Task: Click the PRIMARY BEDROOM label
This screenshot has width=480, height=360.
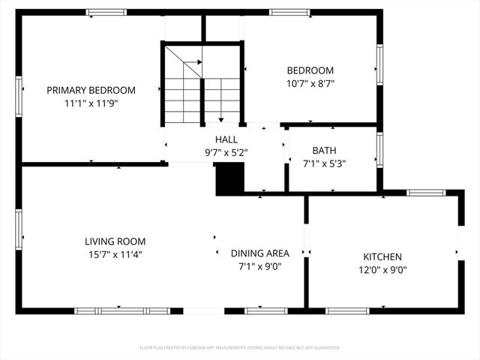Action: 91,90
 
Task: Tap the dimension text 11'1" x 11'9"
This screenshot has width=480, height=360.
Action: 91,103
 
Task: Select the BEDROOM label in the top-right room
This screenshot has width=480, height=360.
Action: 309,70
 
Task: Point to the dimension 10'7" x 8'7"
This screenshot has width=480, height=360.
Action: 309,84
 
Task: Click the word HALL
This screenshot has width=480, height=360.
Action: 226,139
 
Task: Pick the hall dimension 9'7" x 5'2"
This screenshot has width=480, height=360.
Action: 226,152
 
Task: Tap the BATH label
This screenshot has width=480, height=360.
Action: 324,150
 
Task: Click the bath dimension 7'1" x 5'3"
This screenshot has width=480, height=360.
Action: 324,163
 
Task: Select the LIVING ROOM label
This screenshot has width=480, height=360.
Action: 115,241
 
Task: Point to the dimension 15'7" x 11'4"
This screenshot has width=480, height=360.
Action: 115,254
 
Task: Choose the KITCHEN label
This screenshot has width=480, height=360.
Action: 382,256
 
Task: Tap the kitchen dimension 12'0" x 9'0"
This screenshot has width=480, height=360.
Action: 382,269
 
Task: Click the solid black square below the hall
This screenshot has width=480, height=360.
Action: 229,179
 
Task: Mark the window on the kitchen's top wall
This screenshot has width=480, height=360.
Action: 425,193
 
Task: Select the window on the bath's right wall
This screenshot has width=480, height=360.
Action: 379,150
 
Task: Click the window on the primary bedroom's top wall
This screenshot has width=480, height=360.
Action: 106,13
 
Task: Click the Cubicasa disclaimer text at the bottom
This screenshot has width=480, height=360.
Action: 240,348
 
